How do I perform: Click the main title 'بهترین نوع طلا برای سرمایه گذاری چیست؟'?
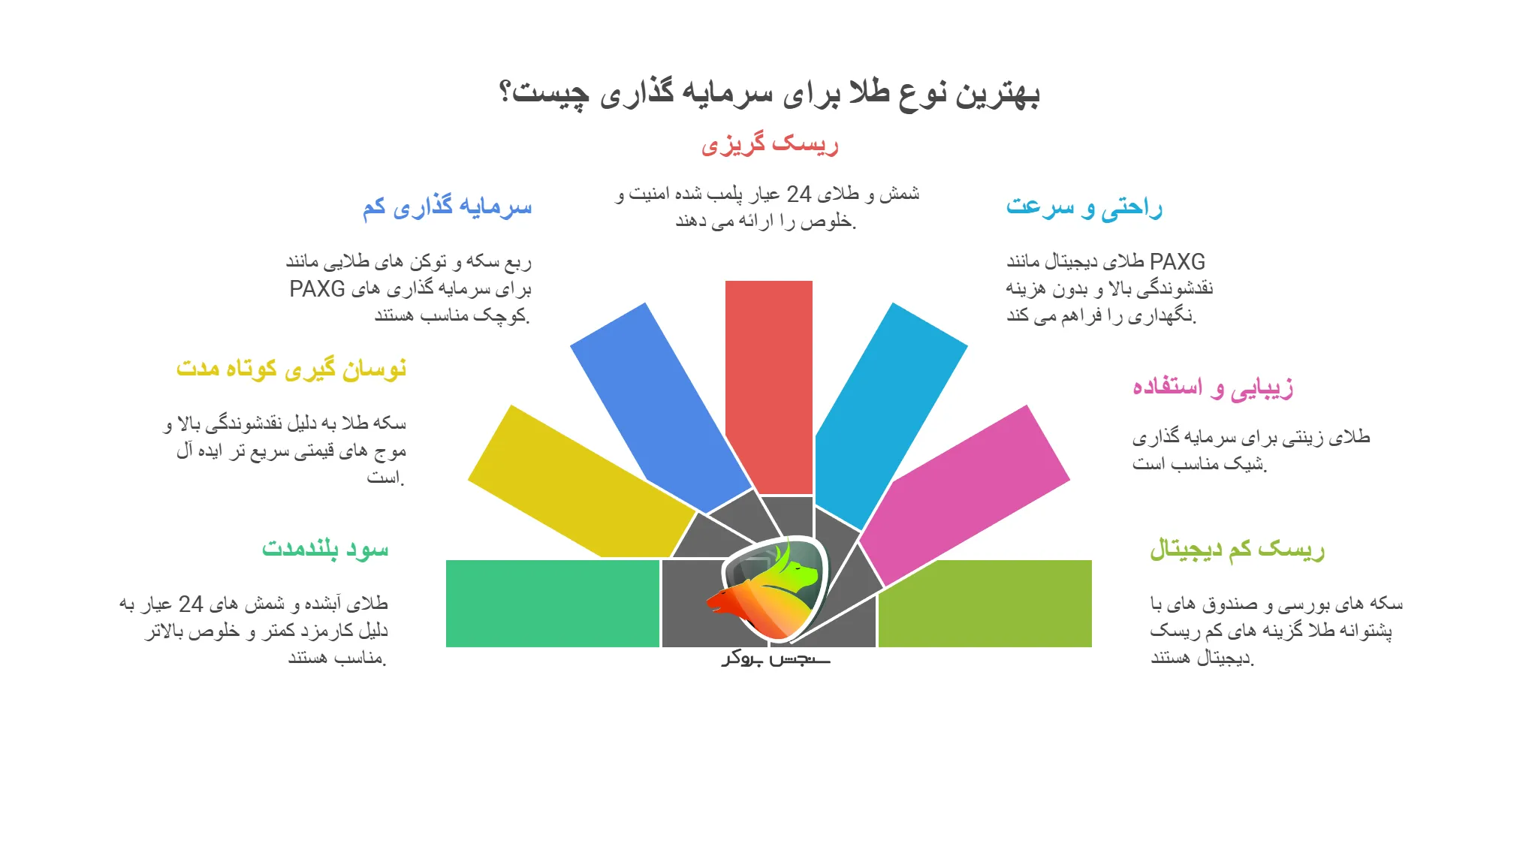[769, 93]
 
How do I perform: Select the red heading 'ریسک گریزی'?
[769, 143]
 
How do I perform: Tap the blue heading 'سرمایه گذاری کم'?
[447, 206]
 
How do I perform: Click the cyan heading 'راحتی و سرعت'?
[1084, 206]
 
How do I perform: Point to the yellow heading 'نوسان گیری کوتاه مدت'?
[291, 369]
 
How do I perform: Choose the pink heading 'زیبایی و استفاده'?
[1212, 387]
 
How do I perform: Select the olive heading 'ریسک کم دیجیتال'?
[1237, 549]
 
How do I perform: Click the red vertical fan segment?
[769, 375]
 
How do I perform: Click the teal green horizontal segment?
[552, 603]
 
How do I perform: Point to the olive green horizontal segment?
[985, 603]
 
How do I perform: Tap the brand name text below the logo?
[776, 659]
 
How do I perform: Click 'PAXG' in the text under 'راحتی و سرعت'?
[1177, 262]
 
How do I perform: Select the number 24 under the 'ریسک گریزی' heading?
[798, 194]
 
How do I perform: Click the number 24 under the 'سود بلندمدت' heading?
[191, 604]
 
